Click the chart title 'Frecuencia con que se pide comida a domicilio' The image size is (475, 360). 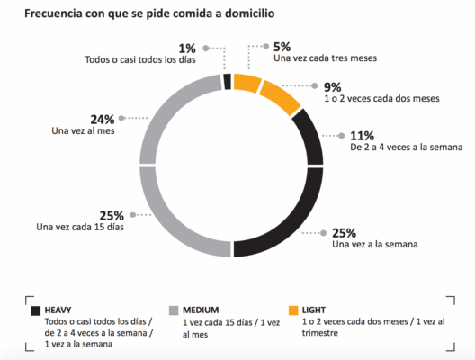150,13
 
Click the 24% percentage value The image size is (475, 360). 101,119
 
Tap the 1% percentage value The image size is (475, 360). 187,48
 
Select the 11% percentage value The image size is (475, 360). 362,136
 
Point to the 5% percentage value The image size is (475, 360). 282,46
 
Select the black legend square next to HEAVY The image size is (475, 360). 34,310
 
